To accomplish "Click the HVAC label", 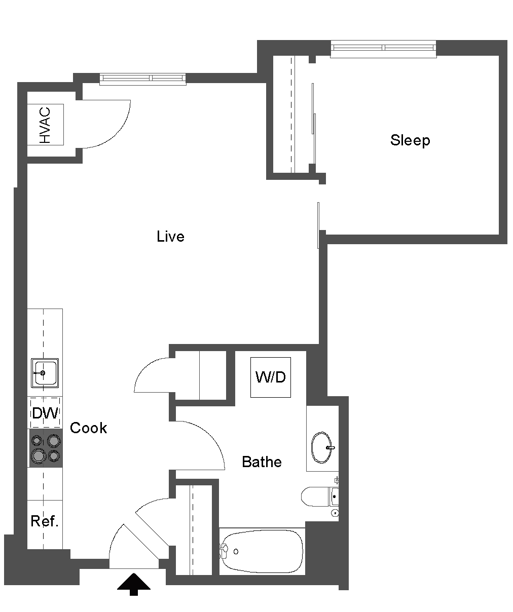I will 45,125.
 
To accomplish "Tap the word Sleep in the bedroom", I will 410,140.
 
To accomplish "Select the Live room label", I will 170,237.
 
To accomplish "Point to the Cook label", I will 88,428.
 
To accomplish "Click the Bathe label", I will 262,462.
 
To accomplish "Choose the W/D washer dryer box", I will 271,377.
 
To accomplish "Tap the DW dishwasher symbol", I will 45,413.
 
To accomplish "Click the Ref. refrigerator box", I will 45,522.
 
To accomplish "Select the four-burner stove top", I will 45,448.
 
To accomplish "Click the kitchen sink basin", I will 45,373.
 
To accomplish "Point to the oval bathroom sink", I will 322,447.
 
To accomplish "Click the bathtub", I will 262,551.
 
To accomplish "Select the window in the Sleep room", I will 383,48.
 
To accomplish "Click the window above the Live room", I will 142,79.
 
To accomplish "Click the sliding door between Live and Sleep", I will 318,225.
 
